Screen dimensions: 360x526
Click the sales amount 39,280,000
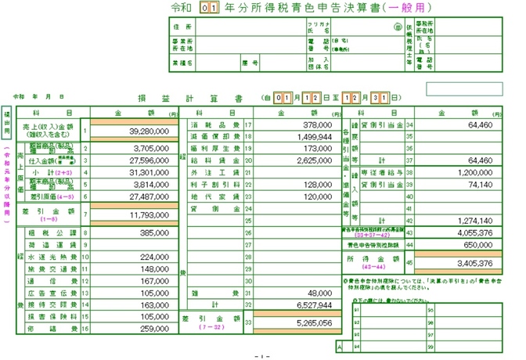[x=137, y=133]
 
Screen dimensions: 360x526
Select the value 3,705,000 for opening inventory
[x=140, y=147]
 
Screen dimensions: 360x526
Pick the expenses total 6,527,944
[x=315, y=304]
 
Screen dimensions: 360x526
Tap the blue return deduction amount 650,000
[x=477, y=244]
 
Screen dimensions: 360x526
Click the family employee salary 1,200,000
[x=474, y=171]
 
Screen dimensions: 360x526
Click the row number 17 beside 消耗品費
[x=248, y=124]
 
